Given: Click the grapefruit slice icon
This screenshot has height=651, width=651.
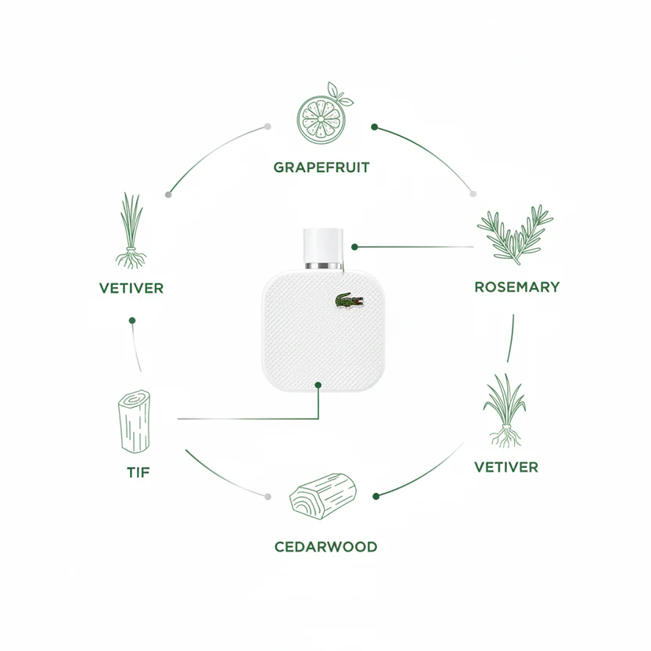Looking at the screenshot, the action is pyautogui.click(x=324, y=113).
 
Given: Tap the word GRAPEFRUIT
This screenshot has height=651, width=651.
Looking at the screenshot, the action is pyautogui.click(x=322, y=167).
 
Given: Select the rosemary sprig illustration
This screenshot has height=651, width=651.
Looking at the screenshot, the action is pyautogui.click(x=515, y=235).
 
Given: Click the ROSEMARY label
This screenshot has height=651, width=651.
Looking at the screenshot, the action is pyautogui.click(x=517, y=287).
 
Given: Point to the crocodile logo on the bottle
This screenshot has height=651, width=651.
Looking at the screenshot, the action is pyautogui.click(x=349, y=301).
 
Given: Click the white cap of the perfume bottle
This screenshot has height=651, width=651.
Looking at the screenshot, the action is pyautogui.click(x=323, y=246).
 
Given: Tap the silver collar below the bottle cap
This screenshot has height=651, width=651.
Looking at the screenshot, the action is pyautogui.click(x=323, y=266).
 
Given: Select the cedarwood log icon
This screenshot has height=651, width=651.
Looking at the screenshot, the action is pyautogui.click(x=323, y=496).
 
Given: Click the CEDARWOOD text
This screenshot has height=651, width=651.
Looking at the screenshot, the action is pyautogui.click(x=326, y=547).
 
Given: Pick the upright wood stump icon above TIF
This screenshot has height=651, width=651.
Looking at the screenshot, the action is pyautogui.click(x=134, y=421).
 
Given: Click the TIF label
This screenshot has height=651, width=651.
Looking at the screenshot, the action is pyautogui.click(x=138, y=473).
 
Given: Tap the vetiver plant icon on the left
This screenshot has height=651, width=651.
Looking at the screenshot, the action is pyautogui.click(x=131, y=230).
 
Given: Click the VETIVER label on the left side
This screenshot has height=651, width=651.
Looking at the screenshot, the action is pyautogui.click(x=131, y=288).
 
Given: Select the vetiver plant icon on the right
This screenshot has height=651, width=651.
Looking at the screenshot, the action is pyautogui.click(x=505, y=410).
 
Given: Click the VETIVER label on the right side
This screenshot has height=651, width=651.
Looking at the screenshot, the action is pyautogui.click(x=506, y=467).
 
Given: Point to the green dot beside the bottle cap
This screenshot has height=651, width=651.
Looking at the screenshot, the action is pyautogui.click(x=354, y=247).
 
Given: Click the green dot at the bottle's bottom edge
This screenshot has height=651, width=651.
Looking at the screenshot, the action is pyautogui.click(x=318, y=385).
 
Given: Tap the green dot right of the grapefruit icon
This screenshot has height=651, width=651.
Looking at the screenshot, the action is pyautogui.click(x=374, y=127).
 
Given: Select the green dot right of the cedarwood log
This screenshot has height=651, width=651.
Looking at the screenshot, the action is pyautogui.click(x=376, y=496).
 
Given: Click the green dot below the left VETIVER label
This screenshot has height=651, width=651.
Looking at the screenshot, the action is pyautogui.click(x=132, y=321).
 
